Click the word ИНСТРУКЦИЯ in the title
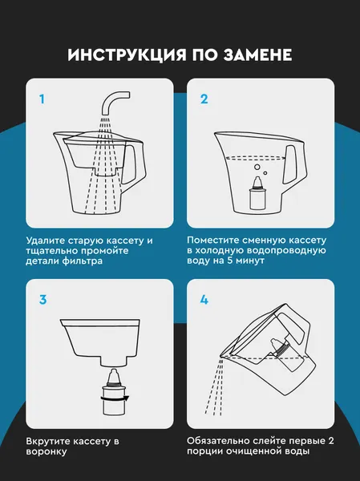(127, 55)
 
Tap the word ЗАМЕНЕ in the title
(257, 55)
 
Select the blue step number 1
(42, 99)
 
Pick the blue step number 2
(204, 99)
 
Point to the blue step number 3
(43, 300)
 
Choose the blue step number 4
(204, 300)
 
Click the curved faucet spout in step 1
(114, 102)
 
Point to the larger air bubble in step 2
(257, 168)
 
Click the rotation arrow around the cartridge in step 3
(115, 398)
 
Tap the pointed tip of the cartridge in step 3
(114, 370)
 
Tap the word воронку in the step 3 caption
(47, 452)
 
